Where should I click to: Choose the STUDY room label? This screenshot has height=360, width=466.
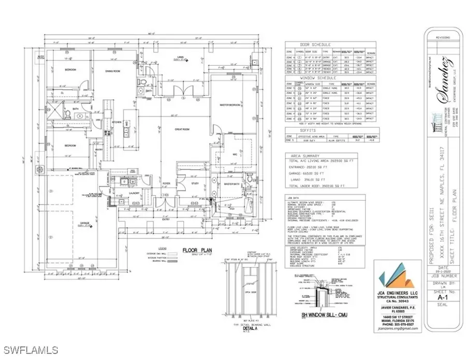(x=195, y=183)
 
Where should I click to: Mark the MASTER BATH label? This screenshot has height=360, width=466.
(x=231, y=184)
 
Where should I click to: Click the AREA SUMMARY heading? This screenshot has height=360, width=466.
(x=306, y=155)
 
